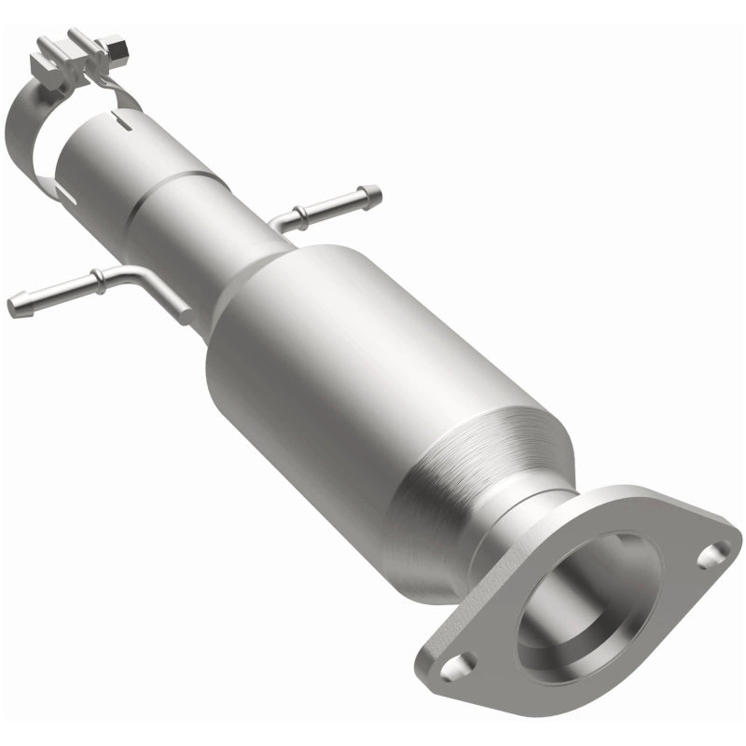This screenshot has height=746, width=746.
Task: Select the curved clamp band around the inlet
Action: pos(28,140)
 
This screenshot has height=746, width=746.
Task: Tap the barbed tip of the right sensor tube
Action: pos(370,195)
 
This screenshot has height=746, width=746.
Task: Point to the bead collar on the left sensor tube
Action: pos(96,277)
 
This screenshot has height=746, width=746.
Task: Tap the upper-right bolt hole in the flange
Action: pos(712,556)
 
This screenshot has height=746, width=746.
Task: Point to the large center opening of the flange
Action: pos(587,606)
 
